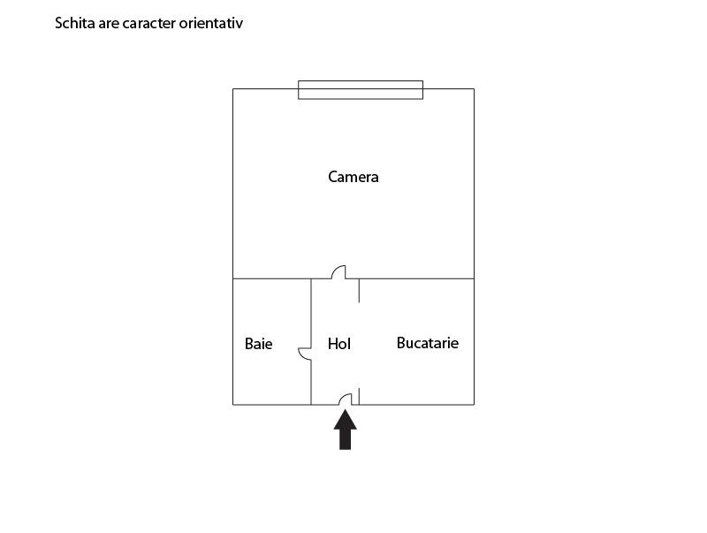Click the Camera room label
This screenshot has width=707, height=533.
pos(353,177)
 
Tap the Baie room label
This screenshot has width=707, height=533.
pos(258,344)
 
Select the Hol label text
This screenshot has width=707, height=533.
pos(339,344)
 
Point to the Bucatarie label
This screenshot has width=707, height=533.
pos(428,343)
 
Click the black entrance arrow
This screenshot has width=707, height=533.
pos(345,430)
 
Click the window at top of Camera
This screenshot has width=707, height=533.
pos(361,90)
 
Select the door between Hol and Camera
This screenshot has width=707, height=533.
pos(339,272)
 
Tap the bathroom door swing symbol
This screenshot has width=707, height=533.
pos(305,354)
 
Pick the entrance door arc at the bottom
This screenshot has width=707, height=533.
pos(346,399)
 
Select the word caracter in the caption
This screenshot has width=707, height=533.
pos(148,24)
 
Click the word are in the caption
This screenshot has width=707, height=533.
pos(109,24)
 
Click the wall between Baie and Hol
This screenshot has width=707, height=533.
pos(311,314)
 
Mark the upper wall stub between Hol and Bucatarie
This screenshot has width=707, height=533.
pos(359,291)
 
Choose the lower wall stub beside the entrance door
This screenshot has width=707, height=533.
pos(359,396)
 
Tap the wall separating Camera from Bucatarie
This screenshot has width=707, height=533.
pos(416,278)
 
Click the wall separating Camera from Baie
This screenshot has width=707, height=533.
pos(272,278)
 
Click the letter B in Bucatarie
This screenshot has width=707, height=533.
pos(401,343)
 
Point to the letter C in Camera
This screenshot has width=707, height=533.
pos(332,177)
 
